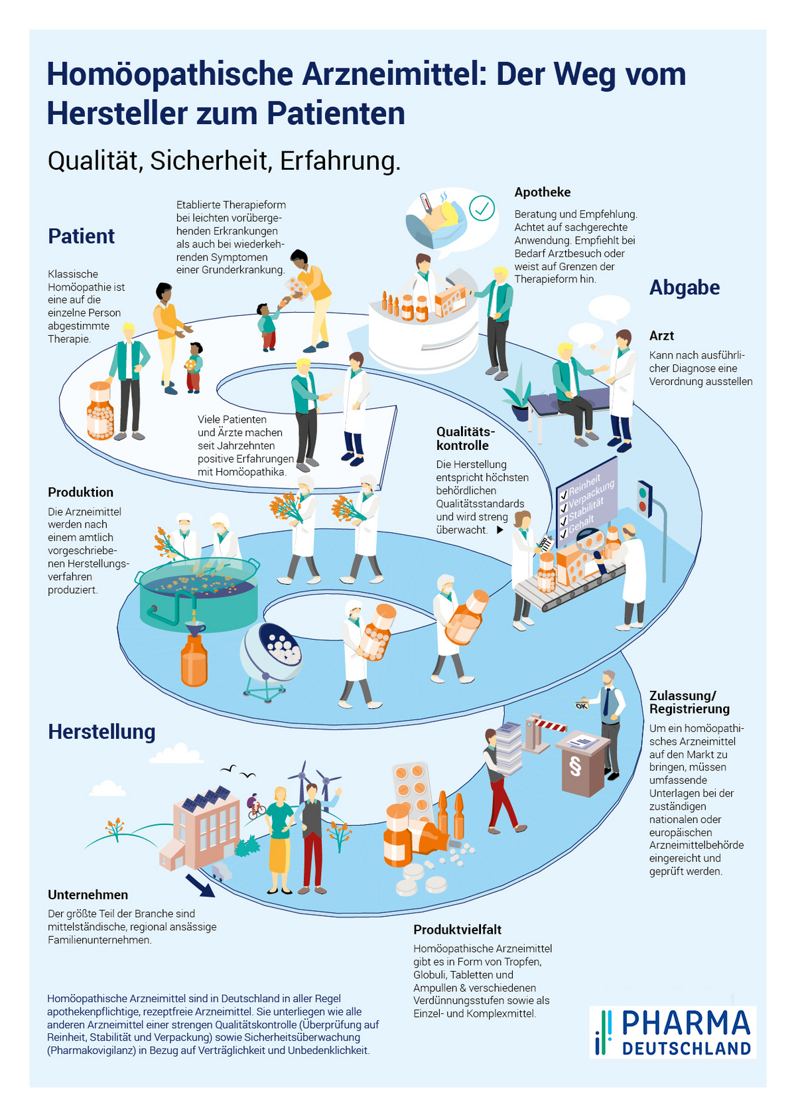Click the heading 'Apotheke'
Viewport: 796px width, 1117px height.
pyautogui.click(x=542, y=192)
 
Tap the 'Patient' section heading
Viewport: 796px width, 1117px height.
pyautogui.click(x=81, y=236)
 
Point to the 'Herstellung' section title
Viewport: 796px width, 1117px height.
pyautogui.click(x=101, y=731)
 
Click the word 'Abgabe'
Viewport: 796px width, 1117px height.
pyautogui.click(x=684, y=287)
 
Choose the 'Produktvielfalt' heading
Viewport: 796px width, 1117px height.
pyautogui.click(x=457, y=929)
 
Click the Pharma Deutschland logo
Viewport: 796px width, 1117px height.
pyautogui.click(x=673, y=1031)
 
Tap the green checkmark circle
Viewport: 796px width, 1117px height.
pyautogui.click(x=482, y=208)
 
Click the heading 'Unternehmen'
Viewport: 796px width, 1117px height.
pyautogui.click(x=88, y=895)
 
